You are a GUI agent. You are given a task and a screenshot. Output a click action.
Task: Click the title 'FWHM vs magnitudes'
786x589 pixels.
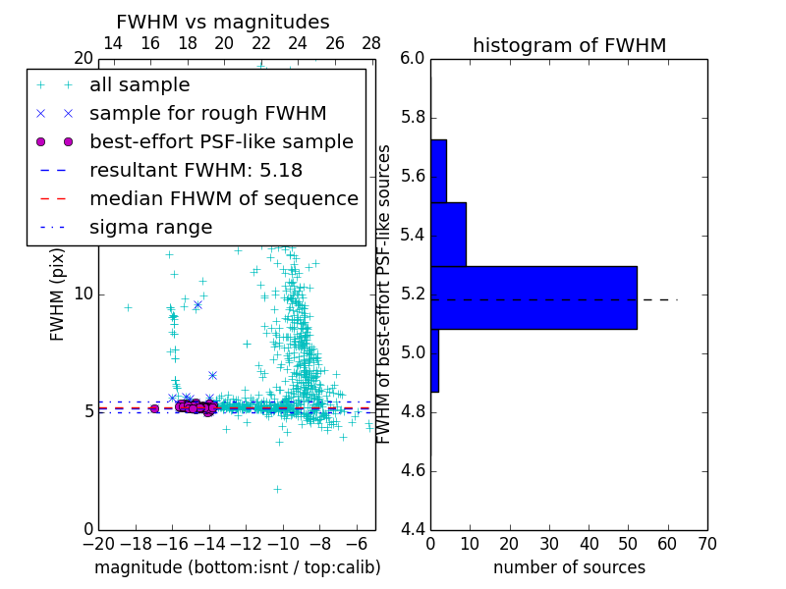[223, 22]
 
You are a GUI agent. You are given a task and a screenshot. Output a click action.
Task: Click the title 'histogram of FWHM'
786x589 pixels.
[569, 45]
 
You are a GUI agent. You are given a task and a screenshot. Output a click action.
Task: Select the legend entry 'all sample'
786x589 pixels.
[140, 85]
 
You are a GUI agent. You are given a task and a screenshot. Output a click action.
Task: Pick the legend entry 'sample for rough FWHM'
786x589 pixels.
[207, 113]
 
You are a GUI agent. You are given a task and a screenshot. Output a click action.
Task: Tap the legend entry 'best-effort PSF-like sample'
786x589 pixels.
[221, 141]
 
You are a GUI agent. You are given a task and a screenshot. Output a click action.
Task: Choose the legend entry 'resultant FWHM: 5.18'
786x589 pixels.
[196, 170]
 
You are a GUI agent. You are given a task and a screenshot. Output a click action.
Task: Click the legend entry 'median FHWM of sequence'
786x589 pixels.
[223, 198]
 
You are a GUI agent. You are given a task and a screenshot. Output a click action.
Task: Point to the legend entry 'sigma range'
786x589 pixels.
[150, 227]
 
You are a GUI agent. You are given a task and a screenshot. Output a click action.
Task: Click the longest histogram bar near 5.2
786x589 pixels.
[533, 297]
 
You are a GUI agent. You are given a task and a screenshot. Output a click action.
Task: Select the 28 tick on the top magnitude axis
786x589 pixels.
[371, 43]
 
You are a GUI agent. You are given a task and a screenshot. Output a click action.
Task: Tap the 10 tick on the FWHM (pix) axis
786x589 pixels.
[84, 294]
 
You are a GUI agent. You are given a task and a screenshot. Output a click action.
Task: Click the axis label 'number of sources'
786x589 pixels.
[569, 567]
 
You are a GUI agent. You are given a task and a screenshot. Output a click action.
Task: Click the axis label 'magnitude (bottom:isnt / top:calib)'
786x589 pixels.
[237, 567]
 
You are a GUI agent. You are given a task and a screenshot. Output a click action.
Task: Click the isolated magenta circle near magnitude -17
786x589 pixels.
[154, 408]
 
